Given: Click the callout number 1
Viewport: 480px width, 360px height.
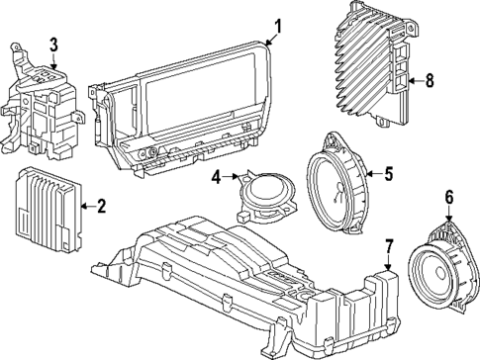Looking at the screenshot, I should (x=278, y=26).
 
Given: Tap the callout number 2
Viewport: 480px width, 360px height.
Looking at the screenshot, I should (x=100, y=206).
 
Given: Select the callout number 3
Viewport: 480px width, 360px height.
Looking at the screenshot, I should (x=53, y=44).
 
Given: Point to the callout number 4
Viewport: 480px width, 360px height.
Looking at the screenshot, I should (x=216, y=178).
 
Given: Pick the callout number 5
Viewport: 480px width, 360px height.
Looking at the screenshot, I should (x=388, y=174).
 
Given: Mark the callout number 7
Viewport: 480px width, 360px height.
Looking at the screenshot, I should (x=389, y=245).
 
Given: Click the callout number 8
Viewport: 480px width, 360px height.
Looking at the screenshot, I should (x=429, y=82).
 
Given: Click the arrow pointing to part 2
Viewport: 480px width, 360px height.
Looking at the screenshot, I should (x=84, y=206).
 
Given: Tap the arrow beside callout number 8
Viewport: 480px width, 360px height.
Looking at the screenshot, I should (x=414, y=82).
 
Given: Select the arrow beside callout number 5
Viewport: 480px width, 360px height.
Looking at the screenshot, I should (x=372, y=175).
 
